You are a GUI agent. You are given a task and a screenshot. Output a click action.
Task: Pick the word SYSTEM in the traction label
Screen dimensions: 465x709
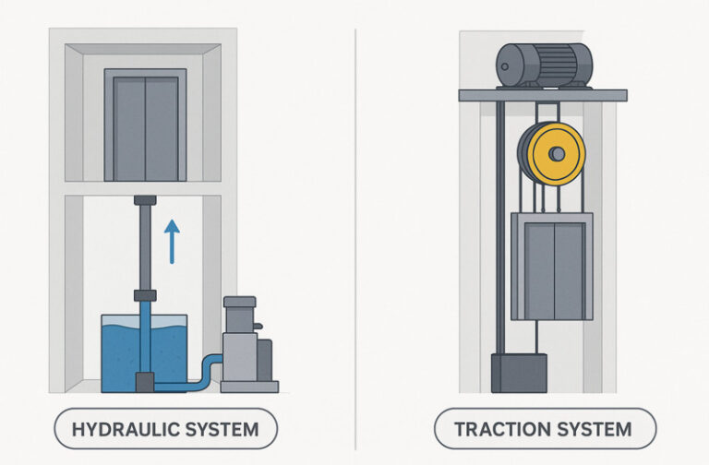(593, 429)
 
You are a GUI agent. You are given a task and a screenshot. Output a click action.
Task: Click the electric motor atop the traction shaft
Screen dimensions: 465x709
(544, 66)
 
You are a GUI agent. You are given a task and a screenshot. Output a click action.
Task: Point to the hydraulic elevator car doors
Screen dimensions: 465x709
(146, 127)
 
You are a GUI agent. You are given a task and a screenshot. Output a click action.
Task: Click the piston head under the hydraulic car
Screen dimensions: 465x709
(145, 200)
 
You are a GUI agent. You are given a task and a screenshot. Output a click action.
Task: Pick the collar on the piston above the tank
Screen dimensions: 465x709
(145, 296)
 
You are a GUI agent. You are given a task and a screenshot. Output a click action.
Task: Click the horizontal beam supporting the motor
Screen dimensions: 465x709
(543, 95)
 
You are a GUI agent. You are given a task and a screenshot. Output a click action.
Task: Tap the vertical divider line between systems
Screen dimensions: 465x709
(355, 231)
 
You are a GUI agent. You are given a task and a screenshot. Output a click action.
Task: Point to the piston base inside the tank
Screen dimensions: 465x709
(145, 380)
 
